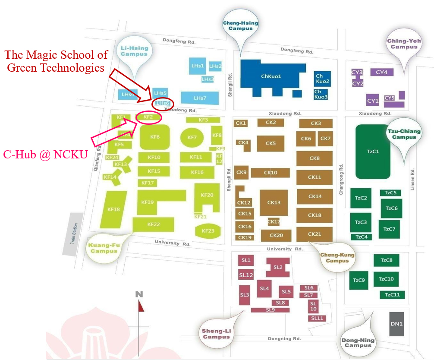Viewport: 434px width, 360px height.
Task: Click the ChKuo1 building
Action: [x=271, y=76]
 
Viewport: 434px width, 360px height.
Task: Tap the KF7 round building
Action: [x=192, y=137]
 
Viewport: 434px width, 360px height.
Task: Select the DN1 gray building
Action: [x=396, y=324]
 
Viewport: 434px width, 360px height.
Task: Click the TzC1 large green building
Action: [x=373, y=152]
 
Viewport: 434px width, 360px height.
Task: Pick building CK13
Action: [x=274, y=202]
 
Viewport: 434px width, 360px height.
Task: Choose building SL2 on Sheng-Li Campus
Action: [x=277, y=267]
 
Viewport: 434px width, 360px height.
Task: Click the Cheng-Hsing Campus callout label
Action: [x=240, y=25]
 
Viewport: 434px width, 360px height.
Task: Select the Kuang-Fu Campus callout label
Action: [x=104, y=248]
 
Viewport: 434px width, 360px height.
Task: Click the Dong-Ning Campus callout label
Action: [x=359, y=343]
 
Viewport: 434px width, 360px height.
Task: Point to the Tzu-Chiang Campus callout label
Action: [x=404, y=134]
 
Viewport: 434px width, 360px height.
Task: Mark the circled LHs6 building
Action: [x=163, y=103]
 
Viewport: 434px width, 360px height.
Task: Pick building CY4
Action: [x=381, y=72]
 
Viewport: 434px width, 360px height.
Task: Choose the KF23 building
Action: [x=208, y=231]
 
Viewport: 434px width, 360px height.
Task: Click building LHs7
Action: [x=199, y=98]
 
